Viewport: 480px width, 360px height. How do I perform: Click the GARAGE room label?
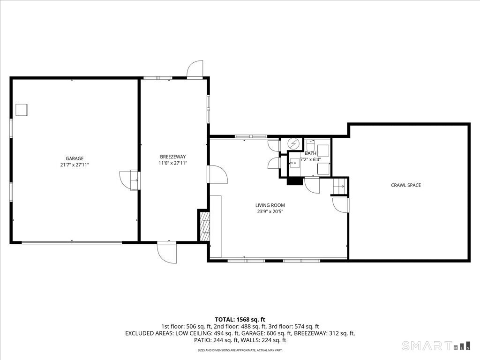pos(75,158)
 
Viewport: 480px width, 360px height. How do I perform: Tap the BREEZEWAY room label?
pos(172,157)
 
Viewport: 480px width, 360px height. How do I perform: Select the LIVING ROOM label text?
pos(270,205)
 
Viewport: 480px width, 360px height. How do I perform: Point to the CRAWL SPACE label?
pos(406,185)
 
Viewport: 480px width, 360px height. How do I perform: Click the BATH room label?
pos(310,153)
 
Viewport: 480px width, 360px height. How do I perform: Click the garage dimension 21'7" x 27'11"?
pos(75,165)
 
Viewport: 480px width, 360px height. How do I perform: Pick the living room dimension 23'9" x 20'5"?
pos(270,211)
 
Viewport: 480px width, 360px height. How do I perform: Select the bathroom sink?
pos(294,163)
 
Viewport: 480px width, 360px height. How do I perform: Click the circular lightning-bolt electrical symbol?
pos(294,143)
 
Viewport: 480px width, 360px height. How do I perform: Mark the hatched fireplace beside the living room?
pos(205,226)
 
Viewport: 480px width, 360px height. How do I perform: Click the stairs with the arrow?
pos(339,186)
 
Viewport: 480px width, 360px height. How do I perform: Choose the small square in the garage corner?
pos(22,110)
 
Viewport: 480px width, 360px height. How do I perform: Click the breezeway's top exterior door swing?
pos(195,69)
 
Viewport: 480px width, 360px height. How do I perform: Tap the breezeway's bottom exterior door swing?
pos(167,253)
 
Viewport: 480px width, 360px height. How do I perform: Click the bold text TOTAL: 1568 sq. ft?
pos(240,320)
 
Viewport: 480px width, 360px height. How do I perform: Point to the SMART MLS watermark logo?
pos(436,345)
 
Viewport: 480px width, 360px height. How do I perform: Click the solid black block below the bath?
pos(294,181)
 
